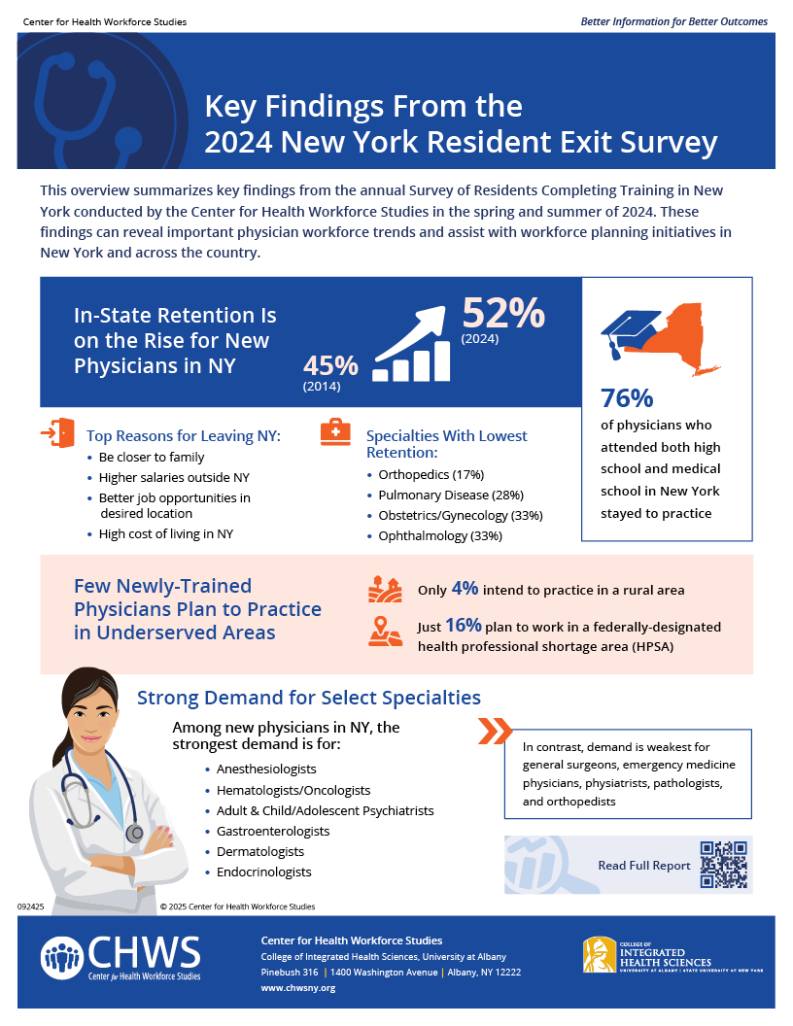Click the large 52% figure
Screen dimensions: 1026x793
pyautogui.click(x=502, y=313)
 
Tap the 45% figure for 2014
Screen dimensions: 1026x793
pyautogui.click(x=330, y=366)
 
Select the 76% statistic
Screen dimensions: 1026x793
pyautogui.click(x=627, y=398)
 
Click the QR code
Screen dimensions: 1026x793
pyautogui.click(x=724, y=865)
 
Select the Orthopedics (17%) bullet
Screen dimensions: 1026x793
pyautogui.click(x=431, y=475)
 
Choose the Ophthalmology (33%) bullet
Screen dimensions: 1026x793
pyautogui.click(x=440, y=536)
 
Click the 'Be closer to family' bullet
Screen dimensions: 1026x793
pyautogui.click(x=152, y=457)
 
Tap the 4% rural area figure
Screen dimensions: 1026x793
pyautogui.click(x=465, y=588)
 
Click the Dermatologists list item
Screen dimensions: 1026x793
pyautogui.click(x=260, y=851)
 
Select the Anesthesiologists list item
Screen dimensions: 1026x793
pyautogui.click(x=266, y=769)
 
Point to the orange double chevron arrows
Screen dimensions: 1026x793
pyautogui.click(x=495, y=732)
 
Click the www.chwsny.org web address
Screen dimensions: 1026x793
pyautogui.click(x=298, y=987)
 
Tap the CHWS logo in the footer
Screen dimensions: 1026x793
pyautogui.click(x=121, y=958)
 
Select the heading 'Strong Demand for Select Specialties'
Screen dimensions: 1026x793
pyautogui.click(x=309, y=698)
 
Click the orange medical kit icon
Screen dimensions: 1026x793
pyautogui.click(x=335, y=432)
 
